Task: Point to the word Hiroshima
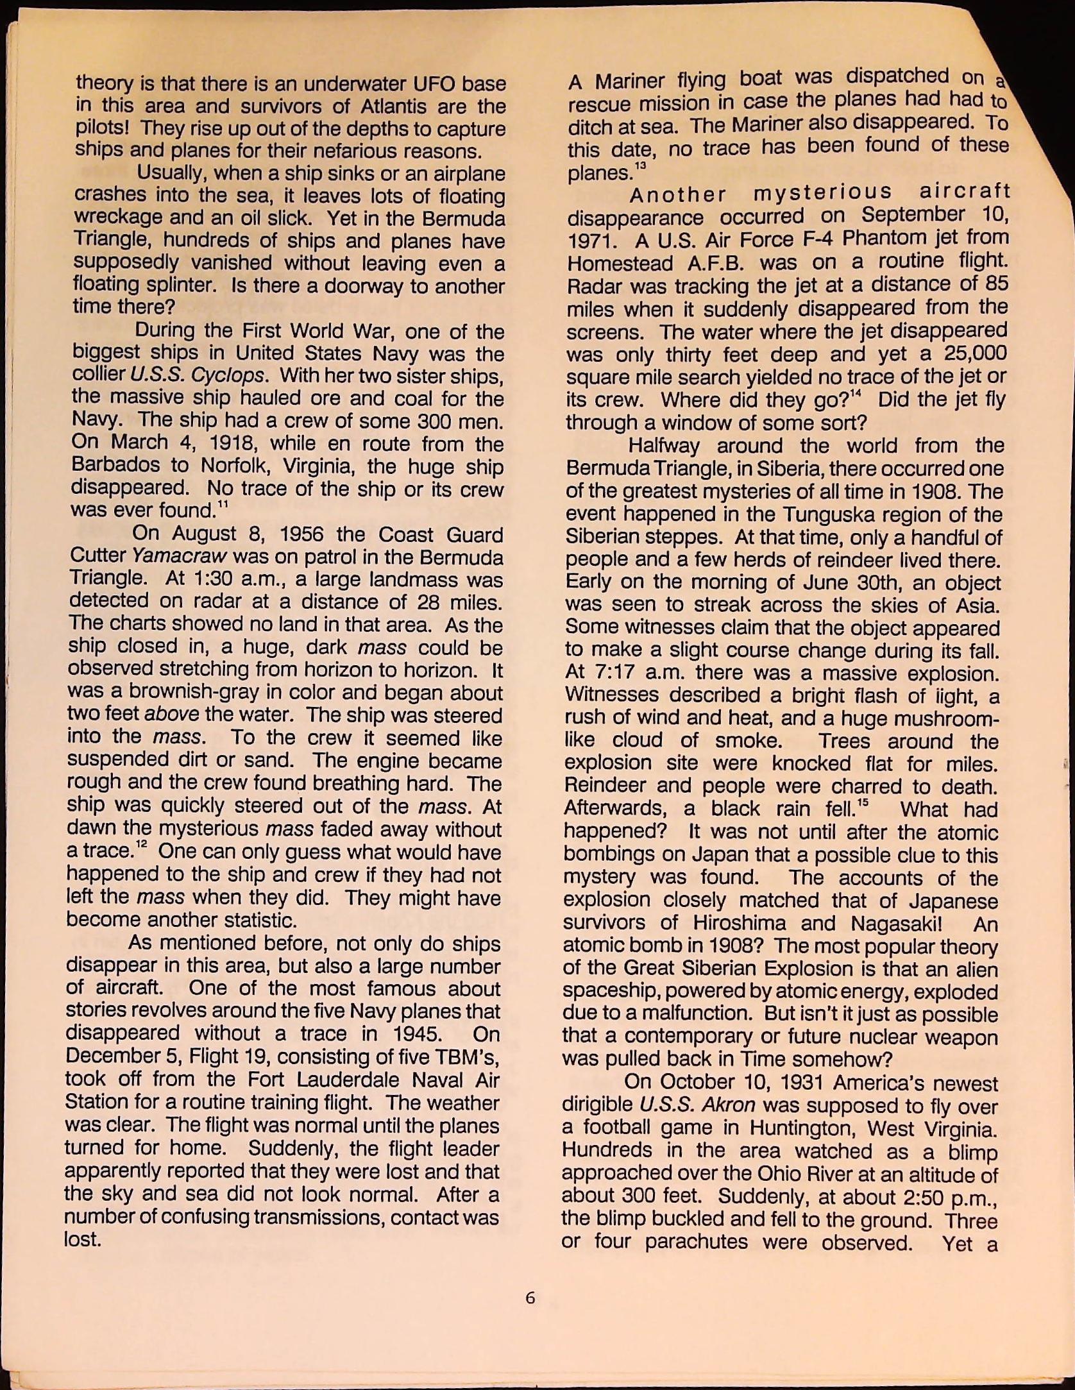[x=740, y=923]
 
